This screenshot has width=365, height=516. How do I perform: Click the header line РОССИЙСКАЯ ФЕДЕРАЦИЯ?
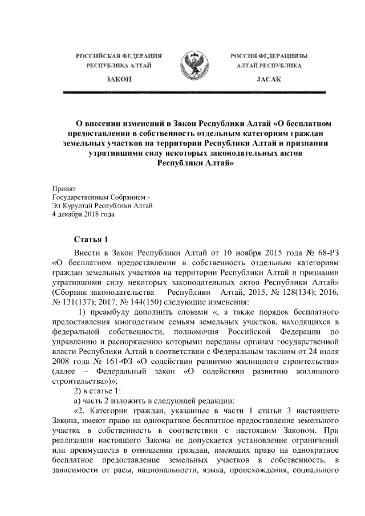coord(119,56)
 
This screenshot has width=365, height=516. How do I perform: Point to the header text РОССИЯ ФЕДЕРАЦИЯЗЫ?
coord(269,56)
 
